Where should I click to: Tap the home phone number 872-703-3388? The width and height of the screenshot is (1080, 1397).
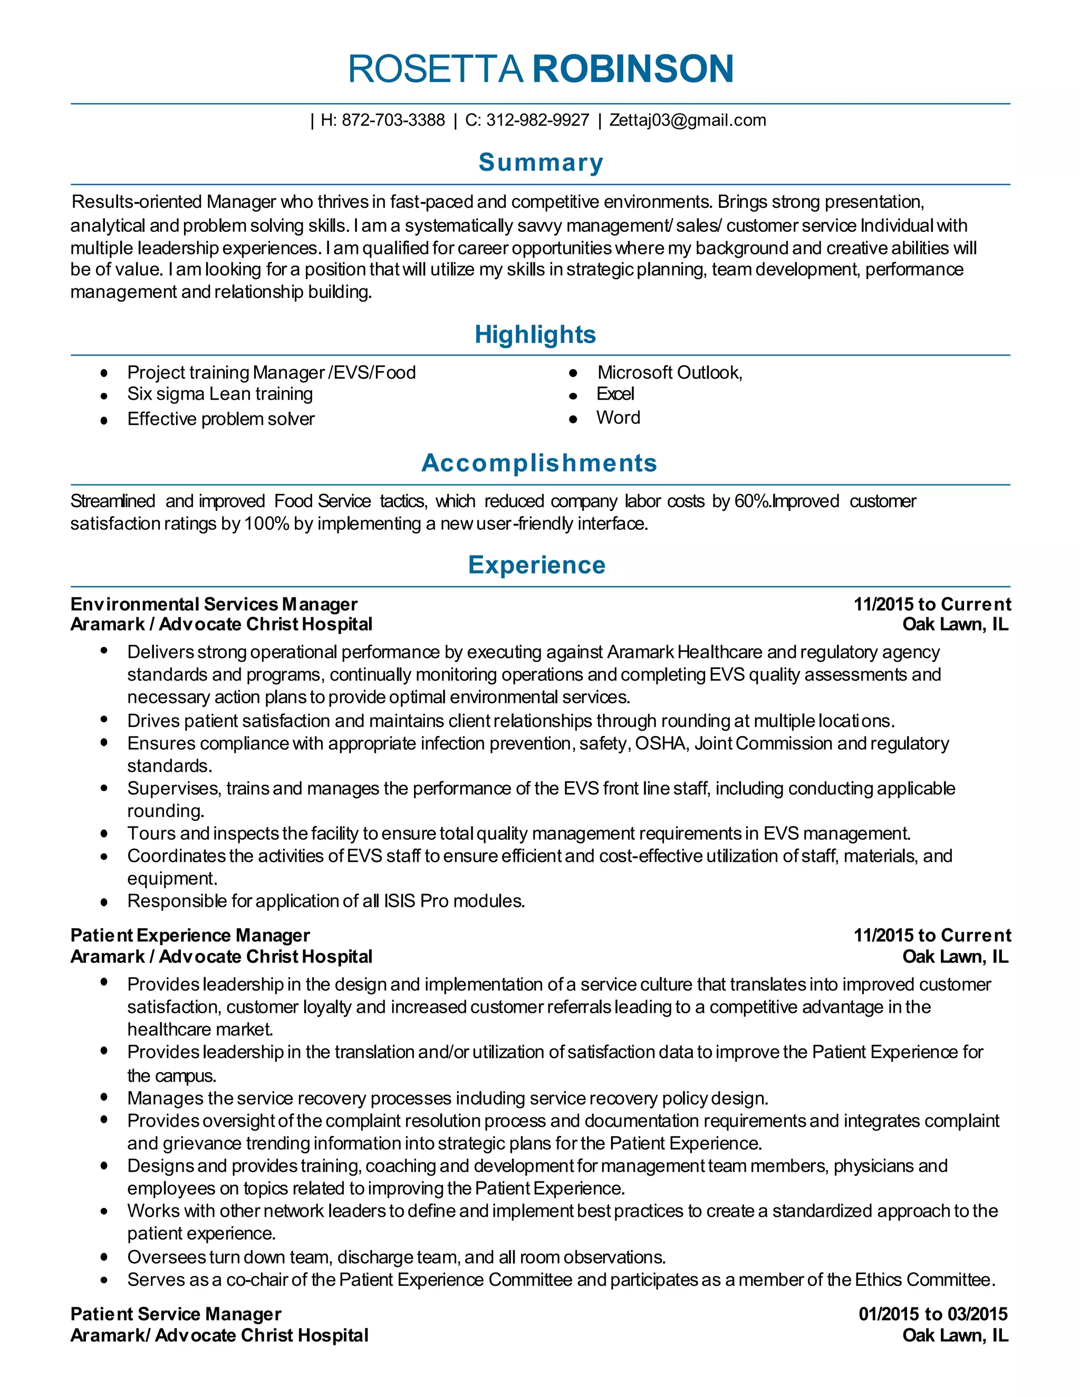coord(393,120)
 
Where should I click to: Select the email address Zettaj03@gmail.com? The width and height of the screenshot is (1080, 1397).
coord(687,120)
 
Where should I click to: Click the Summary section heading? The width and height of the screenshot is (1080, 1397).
coord(541,162)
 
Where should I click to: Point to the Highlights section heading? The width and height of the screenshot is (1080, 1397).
coord(535,335)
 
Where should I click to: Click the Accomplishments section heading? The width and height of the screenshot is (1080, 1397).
coord(539,463)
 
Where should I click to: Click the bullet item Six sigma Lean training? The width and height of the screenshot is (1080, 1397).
coord(219,394)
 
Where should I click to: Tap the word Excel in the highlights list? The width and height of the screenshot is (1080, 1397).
coord(615,394)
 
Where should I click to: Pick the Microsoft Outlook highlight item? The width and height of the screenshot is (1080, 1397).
coord(669,372)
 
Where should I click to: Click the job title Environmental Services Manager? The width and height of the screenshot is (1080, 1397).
coord(214,605)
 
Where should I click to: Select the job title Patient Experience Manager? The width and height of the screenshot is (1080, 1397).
coord(190,936)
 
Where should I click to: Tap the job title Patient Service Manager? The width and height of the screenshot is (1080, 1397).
coord(176,1314)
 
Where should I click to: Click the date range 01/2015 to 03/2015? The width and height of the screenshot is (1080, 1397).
coord(933,1314)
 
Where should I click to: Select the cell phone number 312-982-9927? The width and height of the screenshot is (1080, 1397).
coord(537,120)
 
